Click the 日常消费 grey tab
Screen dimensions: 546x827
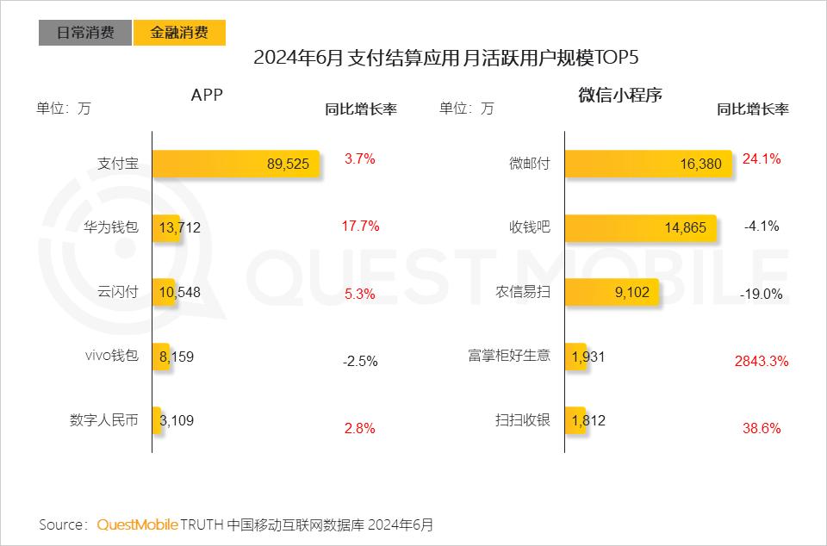85,33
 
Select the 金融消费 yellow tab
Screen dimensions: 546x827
179,33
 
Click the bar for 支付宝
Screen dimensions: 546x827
235,164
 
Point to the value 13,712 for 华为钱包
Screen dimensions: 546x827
180,227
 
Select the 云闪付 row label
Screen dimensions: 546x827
118,292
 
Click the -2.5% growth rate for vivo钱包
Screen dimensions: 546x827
360,362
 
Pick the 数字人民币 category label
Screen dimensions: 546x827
103,420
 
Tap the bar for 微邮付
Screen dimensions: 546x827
648,164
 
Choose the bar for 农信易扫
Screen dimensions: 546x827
612,292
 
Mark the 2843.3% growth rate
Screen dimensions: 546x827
762,362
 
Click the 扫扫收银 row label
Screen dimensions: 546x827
522,420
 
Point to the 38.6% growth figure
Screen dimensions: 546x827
762,428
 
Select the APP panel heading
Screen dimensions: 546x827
207,96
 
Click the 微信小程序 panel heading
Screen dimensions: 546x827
620,96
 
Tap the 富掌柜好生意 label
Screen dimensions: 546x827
509,356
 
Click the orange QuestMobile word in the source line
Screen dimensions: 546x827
137,524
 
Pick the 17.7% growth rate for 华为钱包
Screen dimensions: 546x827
360,226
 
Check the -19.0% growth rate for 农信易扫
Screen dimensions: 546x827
762,294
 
